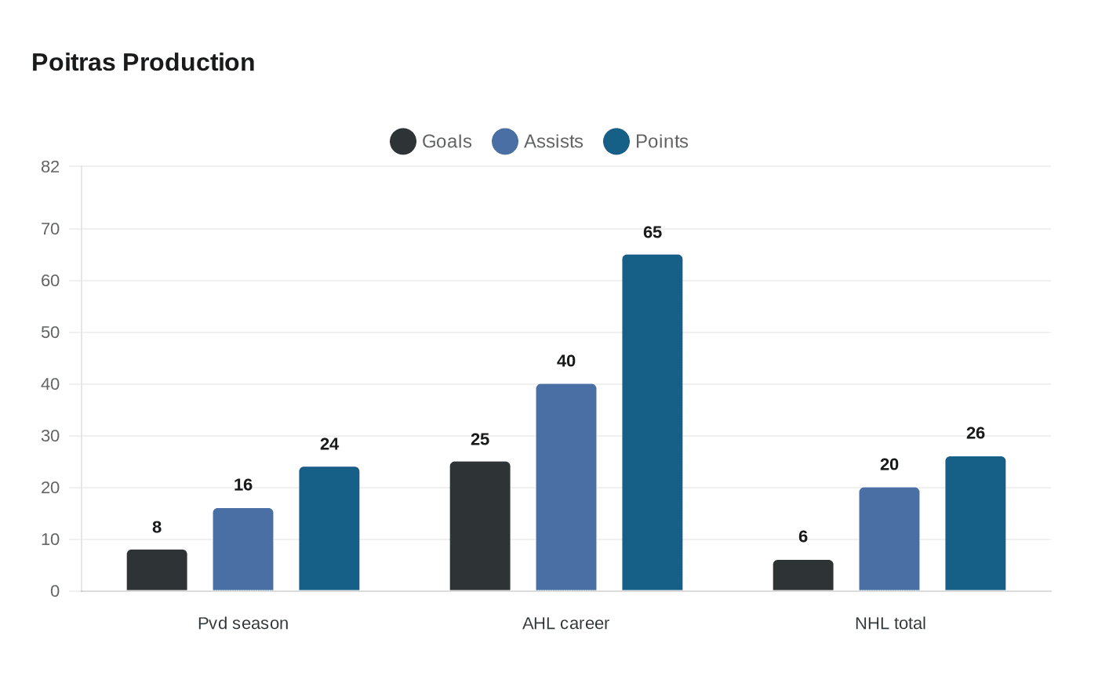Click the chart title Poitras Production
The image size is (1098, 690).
click(143, 62)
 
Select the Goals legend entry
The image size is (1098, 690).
click(431, 141)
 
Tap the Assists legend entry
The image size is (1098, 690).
click(537, 141)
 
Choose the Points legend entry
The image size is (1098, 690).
click(645, 141)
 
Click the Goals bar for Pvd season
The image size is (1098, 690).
click(157, 570)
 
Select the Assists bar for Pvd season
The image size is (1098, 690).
click(243, 550)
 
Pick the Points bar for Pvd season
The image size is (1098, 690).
click(329, 528)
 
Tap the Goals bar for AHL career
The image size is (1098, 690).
click(480, 526)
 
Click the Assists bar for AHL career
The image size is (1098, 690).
click(566, 487)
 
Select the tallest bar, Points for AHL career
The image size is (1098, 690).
click(653, 423)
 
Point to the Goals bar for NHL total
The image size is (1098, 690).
click(803, 576)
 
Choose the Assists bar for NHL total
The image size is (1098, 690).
click(889, 539)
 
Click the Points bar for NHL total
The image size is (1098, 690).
click(976, 524)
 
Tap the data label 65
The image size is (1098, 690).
click(653, 232)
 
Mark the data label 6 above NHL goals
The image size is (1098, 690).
click(803, 536)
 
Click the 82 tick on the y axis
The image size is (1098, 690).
click(50, 166)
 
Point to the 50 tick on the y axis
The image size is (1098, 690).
click(50, 332)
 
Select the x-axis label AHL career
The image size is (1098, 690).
click(565, 623)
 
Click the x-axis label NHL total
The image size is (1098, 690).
click(890, 623)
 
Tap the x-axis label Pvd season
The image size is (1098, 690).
click(243, 623)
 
